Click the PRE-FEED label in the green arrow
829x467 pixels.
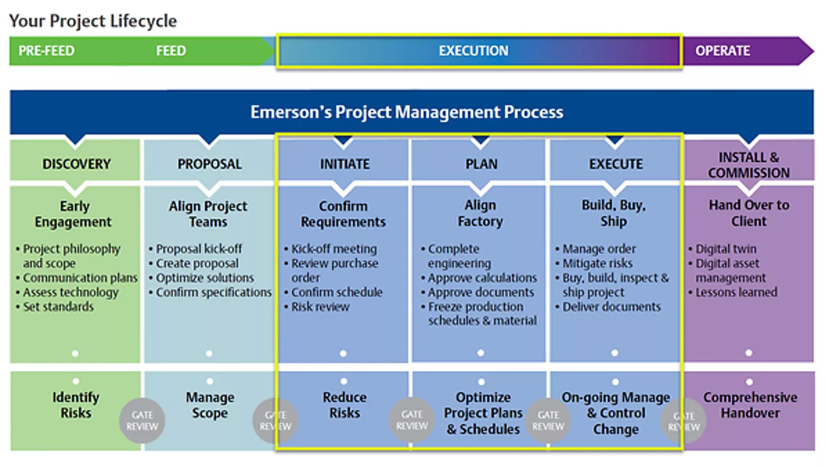(46, 51)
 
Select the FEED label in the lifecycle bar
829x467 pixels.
(171, 51)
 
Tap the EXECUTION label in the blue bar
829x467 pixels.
(474, 51)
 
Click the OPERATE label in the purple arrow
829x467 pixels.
(722, 51)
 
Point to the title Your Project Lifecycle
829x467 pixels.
(93, 21)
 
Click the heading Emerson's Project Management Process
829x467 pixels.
(407, 112)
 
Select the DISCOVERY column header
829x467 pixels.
(76, 164)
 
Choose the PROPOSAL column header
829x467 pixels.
(209, 164)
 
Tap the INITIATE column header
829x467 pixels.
(345, 164)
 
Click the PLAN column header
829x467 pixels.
(481, 164)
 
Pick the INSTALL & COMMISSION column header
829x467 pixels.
(749, 165)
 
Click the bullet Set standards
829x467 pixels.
(58, 307)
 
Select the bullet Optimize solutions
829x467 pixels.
(205, 278)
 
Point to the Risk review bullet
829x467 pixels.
(320, 307)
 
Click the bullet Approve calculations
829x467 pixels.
(482, 278)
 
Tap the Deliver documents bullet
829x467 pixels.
(611, 307)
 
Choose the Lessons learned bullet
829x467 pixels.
(736, 292)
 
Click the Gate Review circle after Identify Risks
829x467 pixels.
(142, 421)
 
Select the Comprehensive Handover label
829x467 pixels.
(750, 405)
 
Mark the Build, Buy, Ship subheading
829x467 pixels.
(614, 213)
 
